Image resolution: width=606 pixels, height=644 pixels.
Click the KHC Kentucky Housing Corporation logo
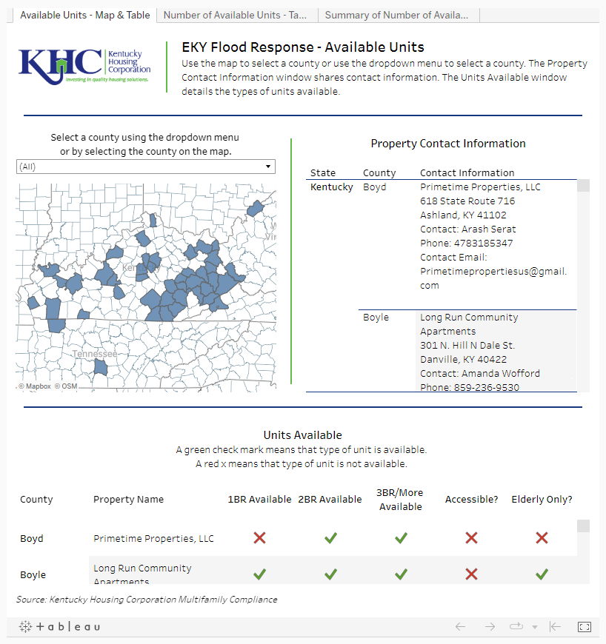coord(85,65)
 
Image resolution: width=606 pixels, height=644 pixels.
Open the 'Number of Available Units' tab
coord(236,15)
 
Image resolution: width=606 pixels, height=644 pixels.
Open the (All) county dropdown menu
coord(146,167)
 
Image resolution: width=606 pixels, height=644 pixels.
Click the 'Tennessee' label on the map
coord(94,355)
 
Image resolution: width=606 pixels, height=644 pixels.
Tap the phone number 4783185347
coord(467,243)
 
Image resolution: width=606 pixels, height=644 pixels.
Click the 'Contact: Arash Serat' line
coord(468,229)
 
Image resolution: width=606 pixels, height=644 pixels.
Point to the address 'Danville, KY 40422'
coord(464,359)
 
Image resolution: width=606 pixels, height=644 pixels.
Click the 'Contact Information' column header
coord(467,172)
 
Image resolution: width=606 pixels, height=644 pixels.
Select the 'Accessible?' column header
coord(471,499)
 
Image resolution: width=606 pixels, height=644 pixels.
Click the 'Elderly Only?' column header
coord(542,499)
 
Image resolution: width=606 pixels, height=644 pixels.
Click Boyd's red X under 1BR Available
coord(259,538)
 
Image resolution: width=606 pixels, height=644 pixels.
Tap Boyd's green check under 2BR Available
coord(330,538)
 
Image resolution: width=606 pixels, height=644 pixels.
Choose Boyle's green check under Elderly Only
coord(542,574)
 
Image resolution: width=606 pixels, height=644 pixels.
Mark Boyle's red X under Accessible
coord(471,574)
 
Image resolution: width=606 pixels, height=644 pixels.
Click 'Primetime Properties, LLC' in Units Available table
coord(153,538)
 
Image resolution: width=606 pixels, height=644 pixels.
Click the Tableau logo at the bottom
coord(59,627)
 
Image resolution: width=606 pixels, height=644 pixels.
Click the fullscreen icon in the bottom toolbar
coord(584,627)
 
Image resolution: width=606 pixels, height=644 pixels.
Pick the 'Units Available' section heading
coord(302,435)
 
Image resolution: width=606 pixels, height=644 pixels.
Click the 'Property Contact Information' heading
coord(447,144)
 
